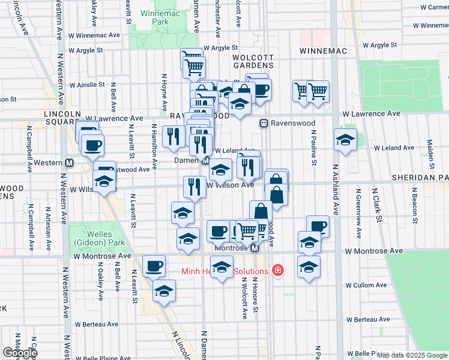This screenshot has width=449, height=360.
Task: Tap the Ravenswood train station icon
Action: click(263, 123)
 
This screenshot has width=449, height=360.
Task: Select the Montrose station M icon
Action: click(255, 248)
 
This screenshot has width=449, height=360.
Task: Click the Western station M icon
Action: click(69, 163)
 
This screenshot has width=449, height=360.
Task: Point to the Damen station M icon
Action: click(206, 161)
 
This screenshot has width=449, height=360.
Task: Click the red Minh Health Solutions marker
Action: click(277, 271)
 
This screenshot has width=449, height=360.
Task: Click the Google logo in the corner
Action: click(19, 353)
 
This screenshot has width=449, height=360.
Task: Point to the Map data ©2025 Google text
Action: click(411, 355)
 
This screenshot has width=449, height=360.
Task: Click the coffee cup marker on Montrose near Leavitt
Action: click(154, 265)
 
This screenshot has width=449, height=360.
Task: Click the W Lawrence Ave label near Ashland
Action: click(370, 113)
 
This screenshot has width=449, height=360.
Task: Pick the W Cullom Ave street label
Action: click(367, 285)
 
